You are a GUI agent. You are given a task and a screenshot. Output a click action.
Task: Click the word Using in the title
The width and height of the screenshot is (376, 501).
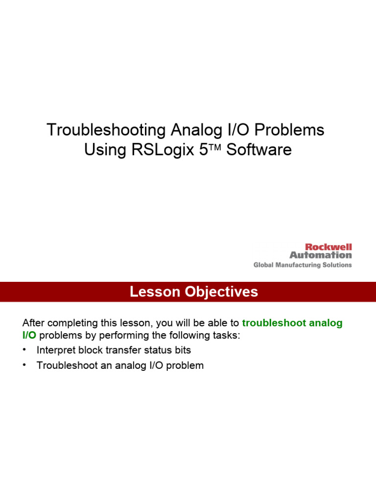click(x=105, y=150)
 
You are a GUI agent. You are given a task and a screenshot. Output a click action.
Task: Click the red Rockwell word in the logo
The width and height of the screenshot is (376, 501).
click(x=328, y=248)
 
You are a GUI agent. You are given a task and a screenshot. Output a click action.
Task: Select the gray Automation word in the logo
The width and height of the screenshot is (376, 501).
click(x=321, y=255)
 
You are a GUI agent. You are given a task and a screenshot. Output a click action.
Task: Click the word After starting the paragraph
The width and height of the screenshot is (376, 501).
click(x=34, y=323)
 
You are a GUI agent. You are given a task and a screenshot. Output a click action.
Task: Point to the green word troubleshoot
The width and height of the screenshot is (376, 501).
click(x=272, y=323)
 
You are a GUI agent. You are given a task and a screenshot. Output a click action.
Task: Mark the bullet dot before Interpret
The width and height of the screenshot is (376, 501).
click(x=24, y=350)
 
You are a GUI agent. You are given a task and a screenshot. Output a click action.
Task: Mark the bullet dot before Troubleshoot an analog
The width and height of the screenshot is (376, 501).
click(x=24, y=365)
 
